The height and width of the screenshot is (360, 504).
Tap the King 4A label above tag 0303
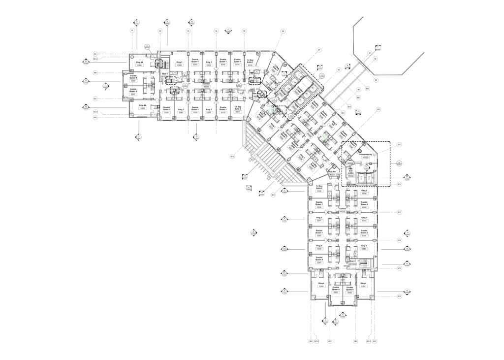pyautogui.click(x=143, y=105)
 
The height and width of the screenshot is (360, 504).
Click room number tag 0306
pyautogui.click(x=180, y=65)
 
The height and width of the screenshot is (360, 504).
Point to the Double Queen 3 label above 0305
pyautogui.click(x=166, y=108)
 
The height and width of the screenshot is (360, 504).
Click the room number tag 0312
pyautogui.click(x=209, y=65)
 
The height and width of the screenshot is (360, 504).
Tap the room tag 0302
pyautogui.click(x=133, y=81)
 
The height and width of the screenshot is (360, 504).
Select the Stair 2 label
pyautogui.click(x=352, y=262)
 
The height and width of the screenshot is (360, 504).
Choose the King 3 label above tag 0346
pyautogui.click(x=364, y=245)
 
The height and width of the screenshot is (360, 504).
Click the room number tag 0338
pyautogui.click(x=364, y=194)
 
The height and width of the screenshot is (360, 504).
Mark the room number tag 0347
pyautogui.click(x=319, y=262)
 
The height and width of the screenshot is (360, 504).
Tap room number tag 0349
pyautogui.click(x=321, y=287)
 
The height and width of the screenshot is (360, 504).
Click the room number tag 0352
pyautogui.click(x=349, y=293)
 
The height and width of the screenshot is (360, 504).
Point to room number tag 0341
pyautogui.click(x=319, y=221)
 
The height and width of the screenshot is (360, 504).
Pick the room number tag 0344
pyautogui.click(x=364, y=236)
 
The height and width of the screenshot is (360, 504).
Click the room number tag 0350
pyautogui.click(x=364, y=287)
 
